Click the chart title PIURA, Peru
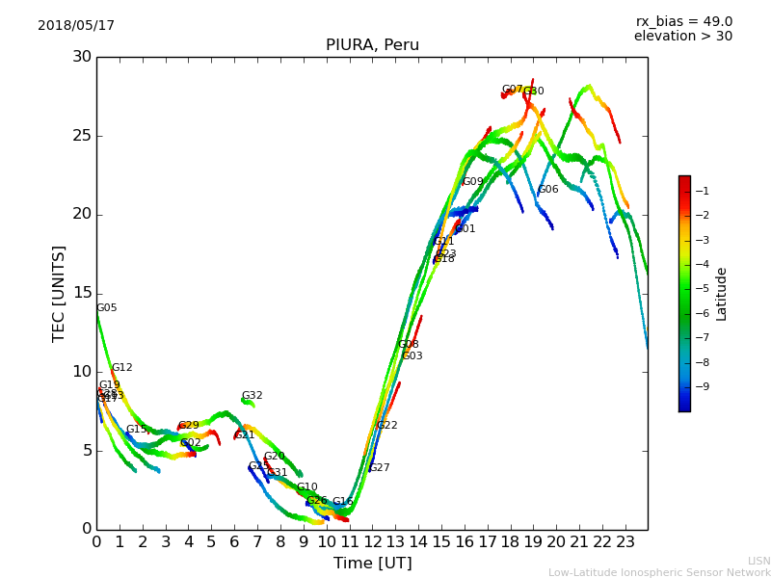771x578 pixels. (372, 45)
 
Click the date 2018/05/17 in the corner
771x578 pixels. (76, 26)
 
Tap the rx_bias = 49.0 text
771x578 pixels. (683, 22)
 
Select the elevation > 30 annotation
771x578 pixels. (682, 37)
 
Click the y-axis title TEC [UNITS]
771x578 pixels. (59, 293)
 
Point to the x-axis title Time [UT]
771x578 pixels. (372, 564)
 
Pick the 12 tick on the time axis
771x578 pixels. (372, 542)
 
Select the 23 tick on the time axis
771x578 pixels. (625, 542)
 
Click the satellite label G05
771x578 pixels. (106, 308)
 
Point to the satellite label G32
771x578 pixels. (252, 396)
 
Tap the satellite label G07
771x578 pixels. (512, 90)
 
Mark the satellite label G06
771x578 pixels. (547, 190)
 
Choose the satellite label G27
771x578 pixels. (380, 468)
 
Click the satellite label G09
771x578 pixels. (472, 182)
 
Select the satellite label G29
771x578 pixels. (189, 426)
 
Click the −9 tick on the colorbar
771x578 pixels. (703, 387)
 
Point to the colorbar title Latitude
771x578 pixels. (722, 294)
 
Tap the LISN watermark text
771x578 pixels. (758, 561)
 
